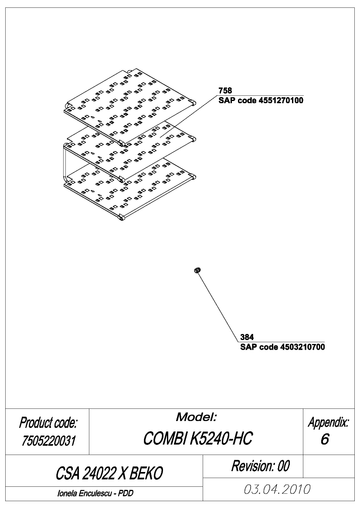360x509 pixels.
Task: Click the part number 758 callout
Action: [225, 91]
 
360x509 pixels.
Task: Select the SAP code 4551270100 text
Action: [261, 100]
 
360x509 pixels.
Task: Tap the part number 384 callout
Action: [247, 337]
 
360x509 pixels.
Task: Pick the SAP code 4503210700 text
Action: [282, 347]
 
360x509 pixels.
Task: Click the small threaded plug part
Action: [197, 270]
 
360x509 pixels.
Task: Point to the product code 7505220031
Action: [48, 441]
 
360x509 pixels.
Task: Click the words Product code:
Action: [48, 423]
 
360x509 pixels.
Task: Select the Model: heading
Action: [196, 417]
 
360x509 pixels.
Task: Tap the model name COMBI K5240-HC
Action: [197, 438]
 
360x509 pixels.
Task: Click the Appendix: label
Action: [329, 422]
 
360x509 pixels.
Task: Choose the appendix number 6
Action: [325, 439]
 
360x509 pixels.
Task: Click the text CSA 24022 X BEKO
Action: [109, 473]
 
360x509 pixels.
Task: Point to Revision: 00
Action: [260, 466]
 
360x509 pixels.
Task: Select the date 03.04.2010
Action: [277, 489]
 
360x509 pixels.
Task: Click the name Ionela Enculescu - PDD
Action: [95, 493]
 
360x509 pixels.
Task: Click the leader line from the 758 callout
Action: [188, 116]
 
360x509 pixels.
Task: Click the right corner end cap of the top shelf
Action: [193, 103]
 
